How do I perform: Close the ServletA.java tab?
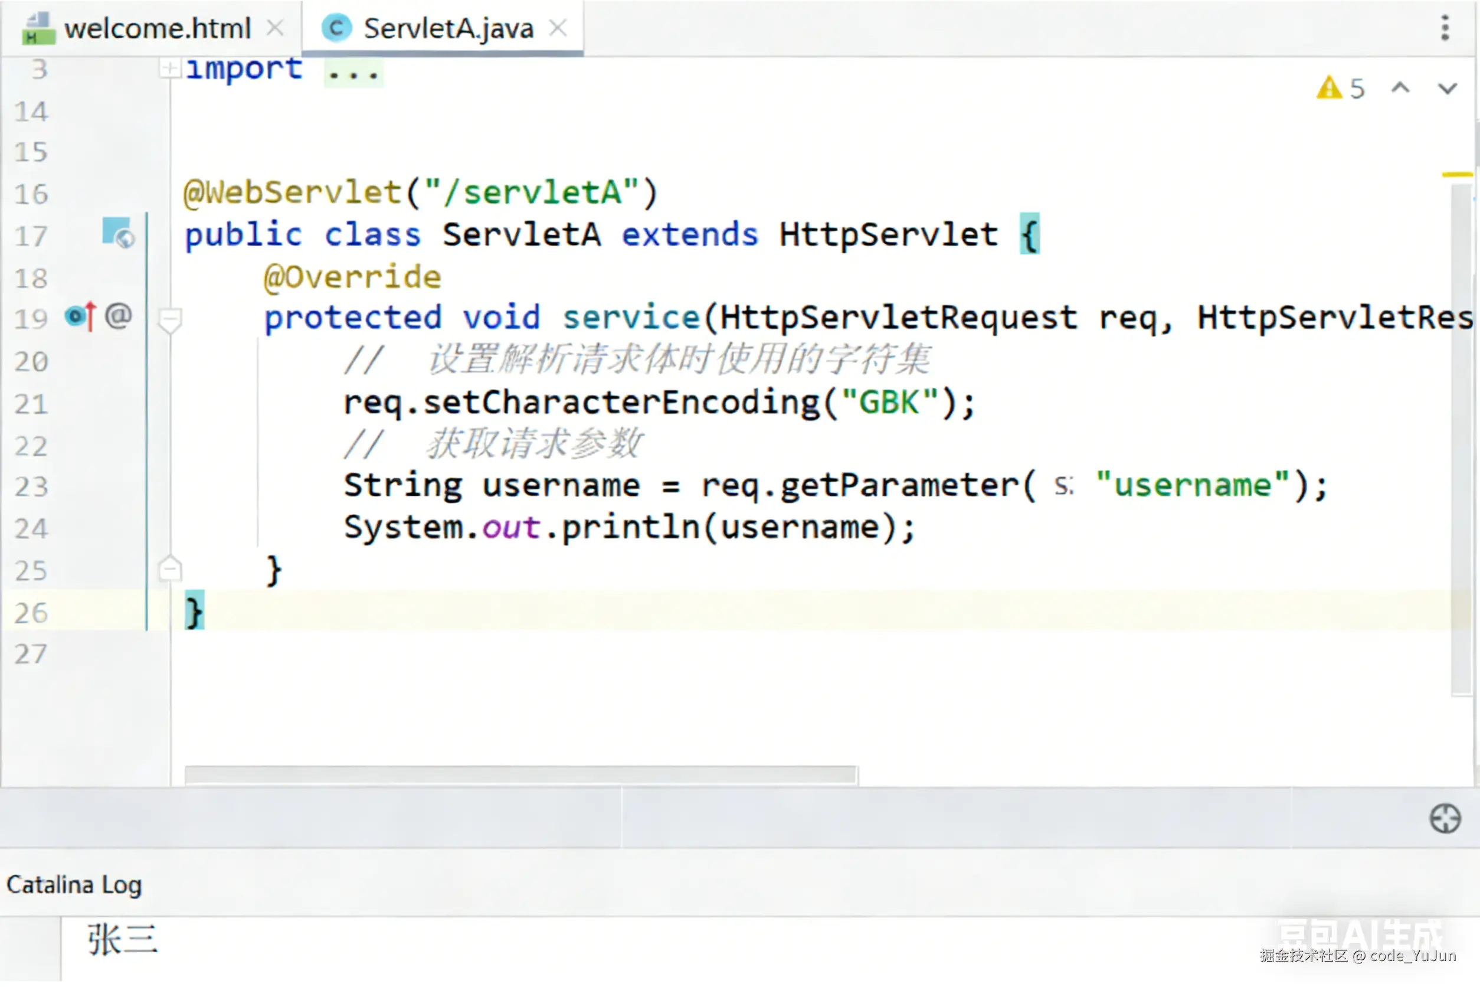click(558, 28)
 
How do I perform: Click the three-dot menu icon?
click(1445, 28)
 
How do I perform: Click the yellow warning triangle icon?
click(1329, 88)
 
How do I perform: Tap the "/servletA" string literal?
click(532, 192)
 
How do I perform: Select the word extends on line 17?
click(690, 235)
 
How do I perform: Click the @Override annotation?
click(352, 277)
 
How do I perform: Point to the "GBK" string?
click(890, 402)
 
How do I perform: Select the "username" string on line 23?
click(1193, 485)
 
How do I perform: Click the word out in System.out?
click(511, 528)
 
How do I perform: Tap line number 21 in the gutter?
click(31, 404)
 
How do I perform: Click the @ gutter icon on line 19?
click(118, 316)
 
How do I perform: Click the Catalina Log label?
click(74, 885)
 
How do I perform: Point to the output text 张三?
click(123, 940)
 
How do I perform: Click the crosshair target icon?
click(1445, 819)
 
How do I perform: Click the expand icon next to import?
click(169, 67)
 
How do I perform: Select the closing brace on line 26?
click(194, 612)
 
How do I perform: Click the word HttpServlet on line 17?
click(889, 235)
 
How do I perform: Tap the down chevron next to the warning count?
click(1448, 88)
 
